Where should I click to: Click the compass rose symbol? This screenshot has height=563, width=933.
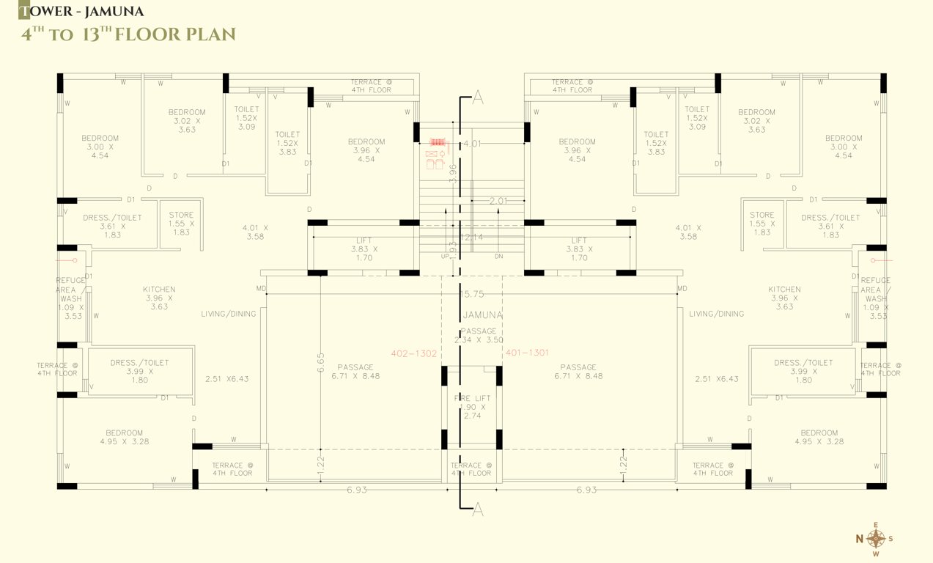click(876, 539)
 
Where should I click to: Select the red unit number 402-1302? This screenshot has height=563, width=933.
click(414, 353)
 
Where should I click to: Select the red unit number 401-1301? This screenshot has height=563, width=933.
click(527, 353)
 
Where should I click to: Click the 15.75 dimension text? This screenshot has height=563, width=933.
click(472, 294)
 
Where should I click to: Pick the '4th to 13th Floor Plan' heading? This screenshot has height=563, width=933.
click(128, 34)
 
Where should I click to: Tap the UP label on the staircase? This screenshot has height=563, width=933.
click(445, 257)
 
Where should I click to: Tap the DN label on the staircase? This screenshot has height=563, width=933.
click(499, 257)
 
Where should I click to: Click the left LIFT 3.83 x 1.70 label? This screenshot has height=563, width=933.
click(364, 249)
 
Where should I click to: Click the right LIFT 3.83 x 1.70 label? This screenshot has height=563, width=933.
click(579, 249)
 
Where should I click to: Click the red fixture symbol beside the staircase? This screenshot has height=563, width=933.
click(438, 142)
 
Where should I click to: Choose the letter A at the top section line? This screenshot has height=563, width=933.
click(479, 97)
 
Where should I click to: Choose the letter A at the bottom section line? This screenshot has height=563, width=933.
click(478, 510)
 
